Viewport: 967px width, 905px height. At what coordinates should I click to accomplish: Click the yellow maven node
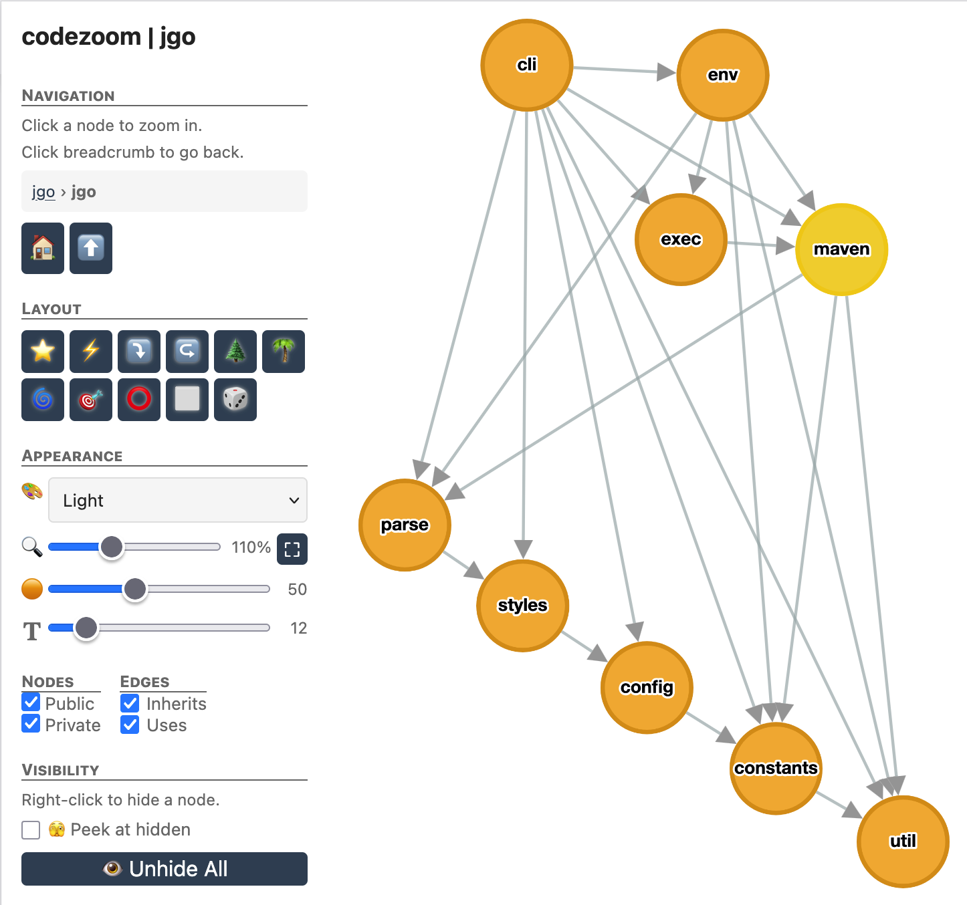click(x=841, y=249)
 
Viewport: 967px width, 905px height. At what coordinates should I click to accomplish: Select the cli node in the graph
click(x=527, y=65)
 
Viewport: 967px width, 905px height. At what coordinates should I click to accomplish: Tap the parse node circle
click(x=405, y=525)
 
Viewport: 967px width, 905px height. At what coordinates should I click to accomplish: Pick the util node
click(x=903, y=841)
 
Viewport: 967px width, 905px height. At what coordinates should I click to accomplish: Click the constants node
click(x=776, y=768)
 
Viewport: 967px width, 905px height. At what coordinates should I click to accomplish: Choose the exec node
click(x=681, y=239)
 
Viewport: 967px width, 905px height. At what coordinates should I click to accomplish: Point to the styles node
click(x=522, y=605)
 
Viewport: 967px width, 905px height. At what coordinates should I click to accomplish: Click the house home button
click(x=43, y=249)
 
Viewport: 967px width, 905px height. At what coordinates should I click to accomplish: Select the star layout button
click(x=43, y=351)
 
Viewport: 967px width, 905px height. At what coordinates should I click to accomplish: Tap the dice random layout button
click(x=235, y=400)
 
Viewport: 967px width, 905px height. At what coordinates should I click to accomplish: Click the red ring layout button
click(x=139, y=400)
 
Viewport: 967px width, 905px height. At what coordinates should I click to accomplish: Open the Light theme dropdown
click(x=178, y=500)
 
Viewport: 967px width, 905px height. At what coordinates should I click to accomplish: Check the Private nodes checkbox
click(x=31, y=724)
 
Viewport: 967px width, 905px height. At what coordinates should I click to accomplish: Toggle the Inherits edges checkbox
click(x=130, y=703)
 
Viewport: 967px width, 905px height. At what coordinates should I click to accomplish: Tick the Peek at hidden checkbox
click(x=31, y=829)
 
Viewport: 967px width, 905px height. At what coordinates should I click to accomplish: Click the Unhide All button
click(x=165, y=868)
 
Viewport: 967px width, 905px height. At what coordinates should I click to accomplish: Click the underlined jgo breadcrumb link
click(x=43, y=192)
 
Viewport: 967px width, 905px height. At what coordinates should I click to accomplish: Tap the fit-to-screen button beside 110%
click(x=292, y=549)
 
